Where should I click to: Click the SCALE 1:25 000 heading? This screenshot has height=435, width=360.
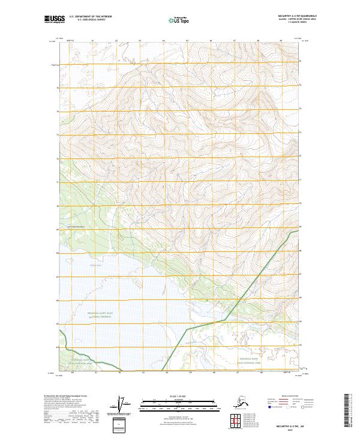point(179,395)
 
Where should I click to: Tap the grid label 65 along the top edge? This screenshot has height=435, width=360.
point(187,41)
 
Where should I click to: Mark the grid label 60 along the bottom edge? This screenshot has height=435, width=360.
point(73,372)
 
